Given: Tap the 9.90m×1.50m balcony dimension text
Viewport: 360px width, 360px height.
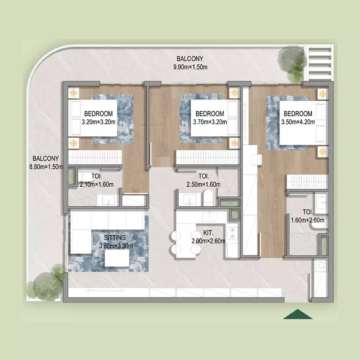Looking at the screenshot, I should [190, 67].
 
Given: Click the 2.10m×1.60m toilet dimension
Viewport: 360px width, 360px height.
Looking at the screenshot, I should [96, 184].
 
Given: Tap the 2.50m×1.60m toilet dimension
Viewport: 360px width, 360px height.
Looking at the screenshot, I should [203, 184].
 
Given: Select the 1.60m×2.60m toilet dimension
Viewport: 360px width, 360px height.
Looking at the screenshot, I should [308, 220].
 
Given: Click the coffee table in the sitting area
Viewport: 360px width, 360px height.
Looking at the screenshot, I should [118, 257].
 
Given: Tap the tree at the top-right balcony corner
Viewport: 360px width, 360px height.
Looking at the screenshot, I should [292, 60].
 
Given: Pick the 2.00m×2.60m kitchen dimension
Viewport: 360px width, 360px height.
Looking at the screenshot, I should [208, 240].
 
